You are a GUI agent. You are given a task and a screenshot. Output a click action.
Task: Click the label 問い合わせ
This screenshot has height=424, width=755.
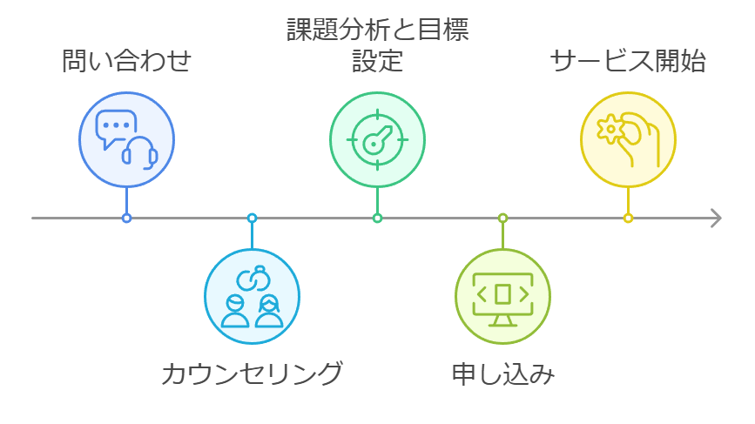pos(126,63)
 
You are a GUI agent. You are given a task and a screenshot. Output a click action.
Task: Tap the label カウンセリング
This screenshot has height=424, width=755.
pos(252,374)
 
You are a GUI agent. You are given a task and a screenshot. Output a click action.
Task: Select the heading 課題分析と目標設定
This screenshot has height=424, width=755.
pos(377,45)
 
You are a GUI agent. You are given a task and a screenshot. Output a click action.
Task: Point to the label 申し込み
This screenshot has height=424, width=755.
pos(502,374)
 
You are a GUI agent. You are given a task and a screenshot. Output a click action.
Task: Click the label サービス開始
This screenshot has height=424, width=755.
pos(628,63)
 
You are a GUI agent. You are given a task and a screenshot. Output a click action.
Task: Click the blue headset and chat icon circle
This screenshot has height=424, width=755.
pos(126,139)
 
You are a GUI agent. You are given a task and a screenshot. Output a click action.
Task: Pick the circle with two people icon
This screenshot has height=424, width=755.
pos(252,296)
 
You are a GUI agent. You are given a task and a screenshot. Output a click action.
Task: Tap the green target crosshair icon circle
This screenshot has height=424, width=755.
pos(377,139)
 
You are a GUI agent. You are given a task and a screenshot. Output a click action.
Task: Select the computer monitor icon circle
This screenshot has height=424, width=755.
pos(502,296)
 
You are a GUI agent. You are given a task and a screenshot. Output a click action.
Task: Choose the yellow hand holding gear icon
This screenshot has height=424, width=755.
pos(628,139)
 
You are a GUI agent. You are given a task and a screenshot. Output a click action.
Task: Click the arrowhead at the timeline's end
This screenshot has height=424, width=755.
pos(716,218)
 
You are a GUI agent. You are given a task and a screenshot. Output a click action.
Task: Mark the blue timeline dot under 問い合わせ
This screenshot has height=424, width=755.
pos(126,218)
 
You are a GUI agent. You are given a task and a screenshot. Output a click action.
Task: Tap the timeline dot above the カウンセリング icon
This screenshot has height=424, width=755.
pos(252,218)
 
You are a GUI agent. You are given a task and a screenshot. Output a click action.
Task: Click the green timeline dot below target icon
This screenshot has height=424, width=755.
pos(377,218)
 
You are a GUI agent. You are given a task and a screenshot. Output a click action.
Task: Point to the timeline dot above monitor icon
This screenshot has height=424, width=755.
pos(502,218)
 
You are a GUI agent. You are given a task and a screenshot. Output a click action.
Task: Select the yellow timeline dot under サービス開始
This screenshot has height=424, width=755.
pos(628,218)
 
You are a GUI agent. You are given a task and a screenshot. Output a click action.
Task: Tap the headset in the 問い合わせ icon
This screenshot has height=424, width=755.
pos(139,152)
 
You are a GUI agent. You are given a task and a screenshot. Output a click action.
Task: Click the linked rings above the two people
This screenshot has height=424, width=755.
pos(252,278)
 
